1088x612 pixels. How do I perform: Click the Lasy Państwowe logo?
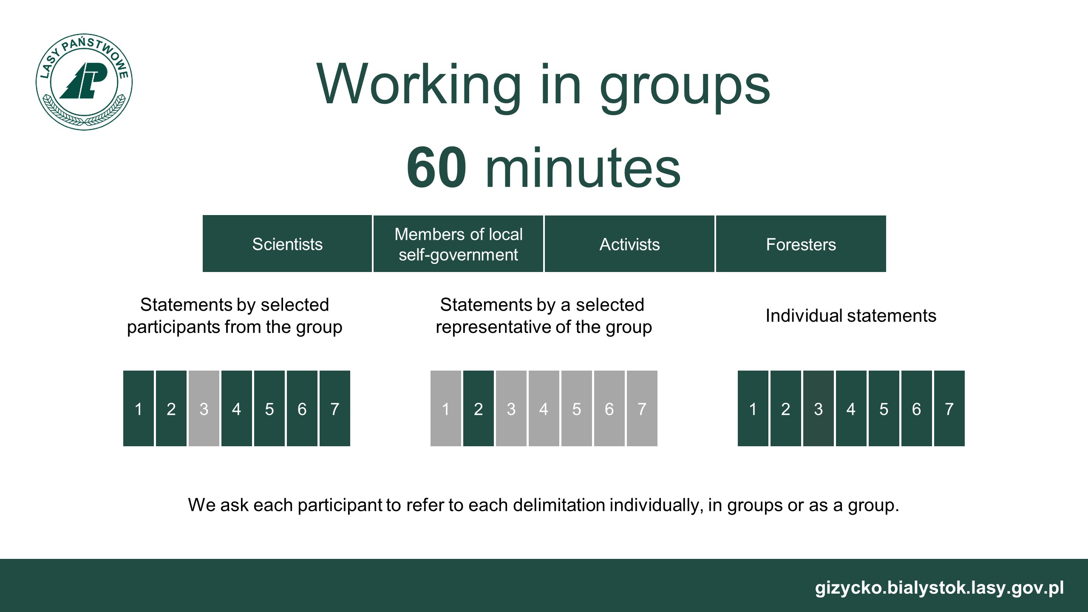[x=84, y=82]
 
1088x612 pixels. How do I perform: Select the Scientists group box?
[x=287, y=244]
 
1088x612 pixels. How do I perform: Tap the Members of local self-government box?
[x=458, y=244]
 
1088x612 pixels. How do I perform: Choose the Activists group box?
[x=629, y=244]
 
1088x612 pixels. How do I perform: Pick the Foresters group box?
[x=801, y=244]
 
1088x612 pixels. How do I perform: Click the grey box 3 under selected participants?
[x=204, y=408]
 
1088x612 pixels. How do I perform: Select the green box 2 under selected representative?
[x=479, y=408]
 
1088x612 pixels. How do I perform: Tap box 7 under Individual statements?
[x=949, y=408]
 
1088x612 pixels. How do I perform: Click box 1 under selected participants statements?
[x=139, y=408]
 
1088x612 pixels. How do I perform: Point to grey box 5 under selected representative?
[x=577, y=408]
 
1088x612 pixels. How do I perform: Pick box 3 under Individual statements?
[x=819, y=408]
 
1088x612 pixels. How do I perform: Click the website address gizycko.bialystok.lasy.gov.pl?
[x=939, y=588]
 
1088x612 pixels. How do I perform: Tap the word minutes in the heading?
[x=583, y=168]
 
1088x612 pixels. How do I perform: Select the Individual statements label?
[x=851, y=316]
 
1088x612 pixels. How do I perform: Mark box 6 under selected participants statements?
[x=302, y=408]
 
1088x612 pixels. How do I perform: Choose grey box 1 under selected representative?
[x=446, y=408]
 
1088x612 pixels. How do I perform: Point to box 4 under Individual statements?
[x=851, y=408]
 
